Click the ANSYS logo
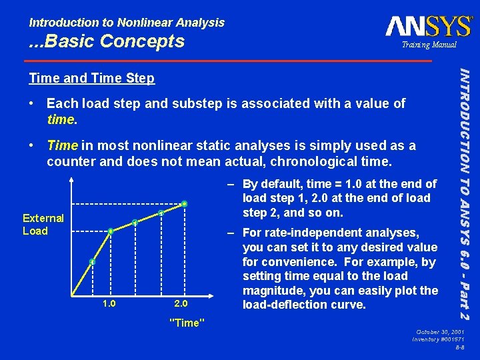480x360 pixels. (x=429, y=27)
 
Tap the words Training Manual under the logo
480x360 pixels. (x=429, y=45)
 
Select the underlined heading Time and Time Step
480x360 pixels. (x=91, y=79)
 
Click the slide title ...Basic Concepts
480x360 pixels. (x=107, y=41)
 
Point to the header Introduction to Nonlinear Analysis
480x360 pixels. (x=127, y=22)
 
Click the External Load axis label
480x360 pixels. (x=43, y=225)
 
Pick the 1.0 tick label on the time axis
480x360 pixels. (x=109, y=285)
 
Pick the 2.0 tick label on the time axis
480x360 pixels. (x=180, y=285)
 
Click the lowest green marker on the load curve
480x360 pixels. (x=93, y=262)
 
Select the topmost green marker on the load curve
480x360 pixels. (x=184, y=203)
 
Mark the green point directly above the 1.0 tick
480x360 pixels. (x=111, y=231)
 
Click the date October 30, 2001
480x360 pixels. (x=440, y=332)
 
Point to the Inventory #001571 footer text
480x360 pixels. (x=437, y=340)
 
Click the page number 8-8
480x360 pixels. (x=460, y=348)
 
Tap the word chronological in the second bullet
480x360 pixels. (x=326, y=161)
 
